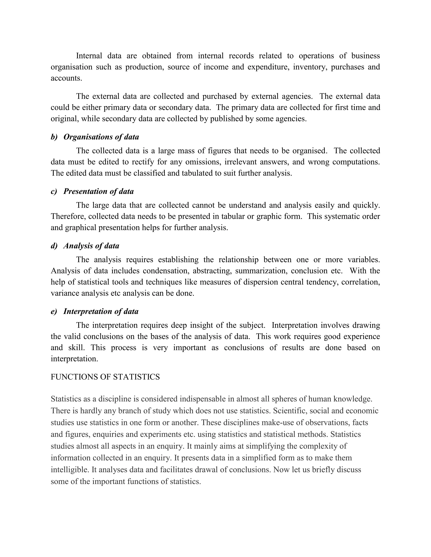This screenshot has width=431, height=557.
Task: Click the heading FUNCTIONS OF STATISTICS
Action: (105, 377)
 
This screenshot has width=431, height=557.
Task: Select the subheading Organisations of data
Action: (101, 137)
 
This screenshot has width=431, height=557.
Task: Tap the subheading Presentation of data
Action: (98, 191)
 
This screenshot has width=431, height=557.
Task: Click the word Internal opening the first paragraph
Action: (89, 56)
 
